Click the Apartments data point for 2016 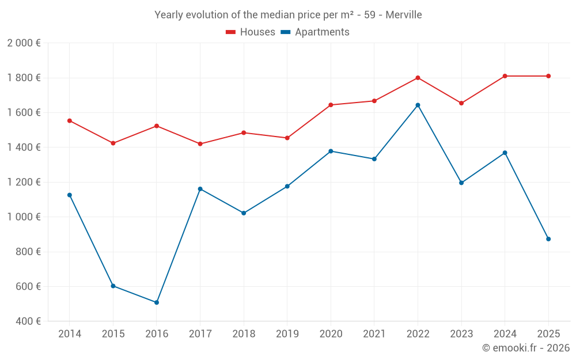156,302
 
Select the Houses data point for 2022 418,78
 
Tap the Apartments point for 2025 548,239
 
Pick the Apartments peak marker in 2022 418,105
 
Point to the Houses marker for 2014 69,121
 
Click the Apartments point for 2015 113,286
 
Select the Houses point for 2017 200,144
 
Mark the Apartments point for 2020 331,151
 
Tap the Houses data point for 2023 461,103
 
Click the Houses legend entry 251,32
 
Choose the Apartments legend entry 315,32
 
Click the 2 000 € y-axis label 24,43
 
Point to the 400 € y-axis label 28,321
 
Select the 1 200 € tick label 24,182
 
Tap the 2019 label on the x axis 287,334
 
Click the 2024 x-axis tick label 505,334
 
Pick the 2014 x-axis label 69,334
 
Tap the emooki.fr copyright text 525,348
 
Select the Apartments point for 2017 200,189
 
